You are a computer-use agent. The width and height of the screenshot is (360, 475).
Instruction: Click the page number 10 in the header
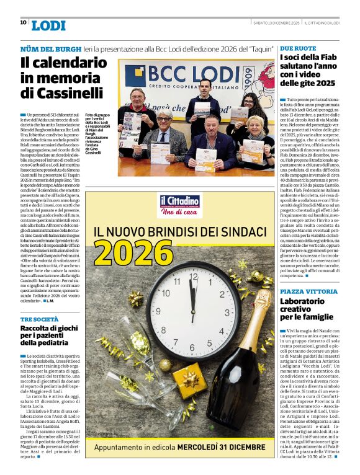[x=23, y=22]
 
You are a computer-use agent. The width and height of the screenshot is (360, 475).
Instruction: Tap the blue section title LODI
[x=48, y=25]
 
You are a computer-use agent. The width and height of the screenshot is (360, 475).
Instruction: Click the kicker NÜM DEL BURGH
[x=51, y=48]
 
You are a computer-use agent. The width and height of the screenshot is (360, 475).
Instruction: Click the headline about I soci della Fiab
[x=307, y=70]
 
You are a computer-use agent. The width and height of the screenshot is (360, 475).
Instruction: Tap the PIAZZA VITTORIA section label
[x=308, y=291]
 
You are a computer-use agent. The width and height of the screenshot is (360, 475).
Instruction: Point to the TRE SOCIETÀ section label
[x=40, y=319]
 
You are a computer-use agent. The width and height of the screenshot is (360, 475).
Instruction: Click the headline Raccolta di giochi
[x=49, y=335]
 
